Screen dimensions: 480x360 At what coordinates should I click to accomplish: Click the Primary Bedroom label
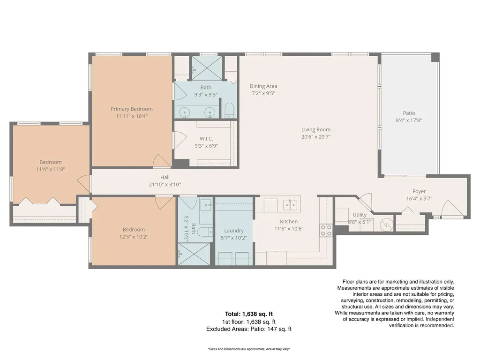click(132, 109)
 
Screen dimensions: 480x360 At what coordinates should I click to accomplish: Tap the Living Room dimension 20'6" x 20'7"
click(316, 137)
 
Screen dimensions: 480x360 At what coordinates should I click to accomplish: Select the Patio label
click(409, 113)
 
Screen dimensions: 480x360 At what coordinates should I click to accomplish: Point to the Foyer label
click(419, 191)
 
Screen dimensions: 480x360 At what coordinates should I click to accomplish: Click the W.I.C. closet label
click(206, 139)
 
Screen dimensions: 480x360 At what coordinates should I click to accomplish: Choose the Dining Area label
click(263, 86)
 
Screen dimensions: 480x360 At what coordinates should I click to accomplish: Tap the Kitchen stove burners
click(326, 230)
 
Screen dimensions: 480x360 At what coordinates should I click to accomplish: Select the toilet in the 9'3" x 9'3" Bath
click(229, 111)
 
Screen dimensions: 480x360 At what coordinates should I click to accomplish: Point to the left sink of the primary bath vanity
click(185, 112)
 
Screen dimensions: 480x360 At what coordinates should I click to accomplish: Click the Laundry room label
click(234, 231)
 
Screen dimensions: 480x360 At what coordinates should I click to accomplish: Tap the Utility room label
click(360, 215)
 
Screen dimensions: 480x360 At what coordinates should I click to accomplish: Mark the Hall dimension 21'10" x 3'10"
click(165, 185)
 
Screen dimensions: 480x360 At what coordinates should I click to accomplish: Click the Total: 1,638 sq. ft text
click(249, 314)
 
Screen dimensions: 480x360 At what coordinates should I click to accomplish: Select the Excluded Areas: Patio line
click(249, 329)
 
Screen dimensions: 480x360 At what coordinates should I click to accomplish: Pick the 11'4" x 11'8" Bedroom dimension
click(51, 169)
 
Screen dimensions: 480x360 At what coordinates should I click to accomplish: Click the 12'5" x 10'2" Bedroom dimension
click(134, 237)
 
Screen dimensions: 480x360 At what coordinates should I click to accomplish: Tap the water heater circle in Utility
click(386, 225)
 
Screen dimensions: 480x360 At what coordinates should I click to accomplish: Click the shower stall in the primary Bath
click(207, 68)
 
